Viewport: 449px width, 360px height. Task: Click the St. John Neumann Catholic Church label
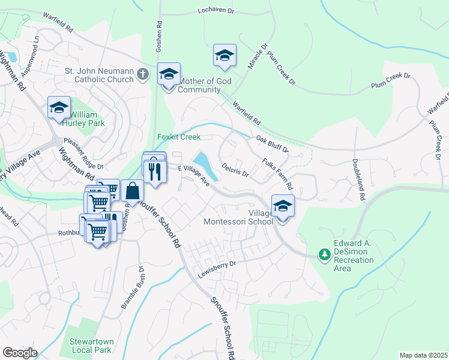pos(99,74)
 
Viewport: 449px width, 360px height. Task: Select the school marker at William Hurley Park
pos(59,108)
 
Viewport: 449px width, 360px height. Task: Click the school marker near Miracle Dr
pos(224,56)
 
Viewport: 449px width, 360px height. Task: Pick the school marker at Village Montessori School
pos(283,206)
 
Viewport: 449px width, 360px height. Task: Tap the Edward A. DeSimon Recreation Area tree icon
pos(324,254)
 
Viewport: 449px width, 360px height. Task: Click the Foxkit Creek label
pos(179,137)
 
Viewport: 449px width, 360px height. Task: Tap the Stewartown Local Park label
pos(90,345)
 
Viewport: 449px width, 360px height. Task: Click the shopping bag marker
pos(132,191)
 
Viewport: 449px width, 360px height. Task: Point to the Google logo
pos(19,353)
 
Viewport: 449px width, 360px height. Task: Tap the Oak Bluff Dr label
pos(272,143)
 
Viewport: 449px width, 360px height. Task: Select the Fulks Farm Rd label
pos(277,173)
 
